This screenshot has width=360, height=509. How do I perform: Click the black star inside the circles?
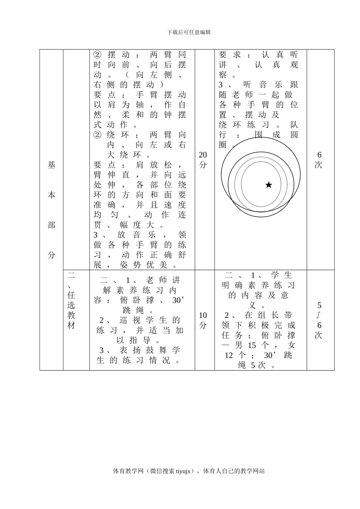click(x=269, y=185)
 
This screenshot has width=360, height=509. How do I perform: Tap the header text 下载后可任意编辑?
click(x=189, y=32)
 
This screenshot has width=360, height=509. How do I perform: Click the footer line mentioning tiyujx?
click(x=189, y=471)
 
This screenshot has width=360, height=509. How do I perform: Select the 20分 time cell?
click(x=203, y=160)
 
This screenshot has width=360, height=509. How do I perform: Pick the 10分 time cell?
click(x=203, y=320)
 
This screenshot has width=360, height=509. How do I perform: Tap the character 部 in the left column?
click(x=52, y=225)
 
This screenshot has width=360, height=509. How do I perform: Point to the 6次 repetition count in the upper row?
click(x=319, y=160)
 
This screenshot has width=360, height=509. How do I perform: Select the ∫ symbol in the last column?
click(x=319, y=315)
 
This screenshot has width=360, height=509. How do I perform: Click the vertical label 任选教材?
click(x=71, y=310)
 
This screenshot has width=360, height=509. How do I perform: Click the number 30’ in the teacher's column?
click(x=178, y=300)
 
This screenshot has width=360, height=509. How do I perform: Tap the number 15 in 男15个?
click(x=252, y=345)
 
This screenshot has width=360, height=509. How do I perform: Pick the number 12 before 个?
click(x=229, y=355)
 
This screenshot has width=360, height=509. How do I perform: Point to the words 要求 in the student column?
click(x=230, y=55)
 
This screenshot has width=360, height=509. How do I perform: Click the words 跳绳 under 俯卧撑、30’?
click(x=136, y=310)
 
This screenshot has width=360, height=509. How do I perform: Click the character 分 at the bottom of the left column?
click(x=52, y=255)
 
